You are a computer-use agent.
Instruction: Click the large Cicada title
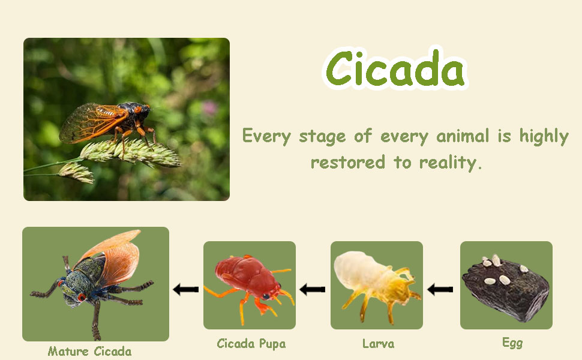[x=395, y=68]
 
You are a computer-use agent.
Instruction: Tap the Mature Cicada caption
[x=90, y=351]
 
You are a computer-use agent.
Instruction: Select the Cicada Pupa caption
[x=251, y=344]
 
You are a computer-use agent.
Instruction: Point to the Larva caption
[x=378, y=344]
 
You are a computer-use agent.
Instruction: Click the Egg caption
[x=512, y=343]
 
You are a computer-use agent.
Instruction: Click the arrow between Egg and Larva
[x=440, y=289]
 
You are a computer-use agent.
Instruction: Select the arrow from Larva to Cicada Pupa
[x=313, y=289]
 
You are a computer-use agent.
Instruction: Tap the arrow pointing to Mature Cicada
[x=186, y=289]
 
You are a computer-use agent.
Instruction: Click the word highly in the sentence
[x=544, y=136]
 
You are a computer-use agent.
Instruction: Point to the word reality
[x=450, y=163]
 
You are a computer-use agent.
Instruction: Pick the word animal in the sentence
[x=463, y=136]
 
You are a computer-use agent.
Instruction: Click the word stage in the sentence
[x=323, y=137]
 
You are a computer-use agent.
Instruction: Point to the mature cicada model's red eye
[x=81, y=297]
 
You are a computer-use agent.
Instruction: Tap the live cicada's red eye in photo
[x=138, y=109]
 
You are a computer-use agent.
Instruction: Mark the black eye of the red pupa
[x=266, y=296]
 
